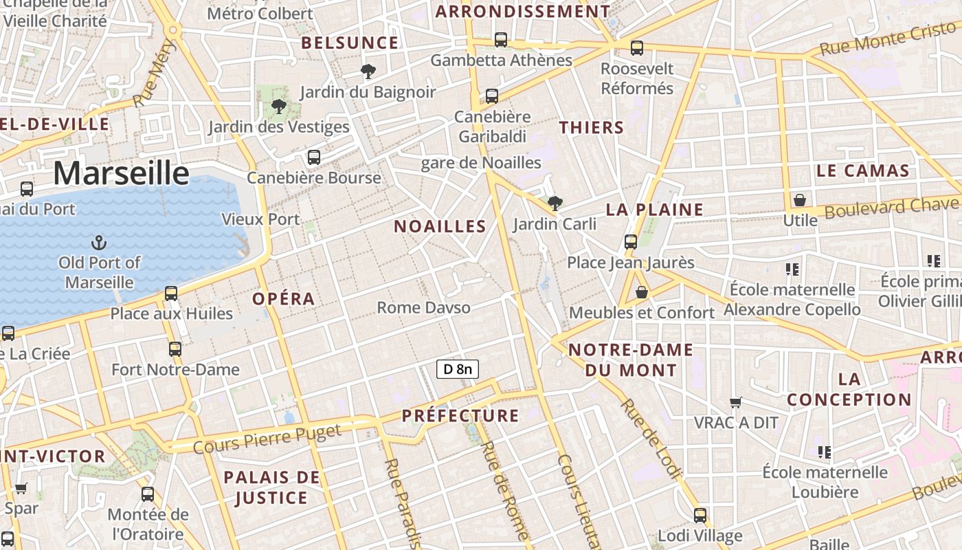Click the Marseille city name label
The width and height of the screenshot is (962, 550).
[121, 173]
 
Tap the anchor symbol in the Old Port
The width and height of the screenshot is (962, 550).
[100, 242]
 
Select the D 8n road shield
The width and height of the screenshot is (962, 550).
[458, 369]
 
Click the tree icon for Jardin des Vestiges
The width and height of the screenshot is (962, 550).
[278, 106]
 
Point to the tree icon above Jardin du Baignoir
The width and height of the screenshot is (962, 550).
[368, 71]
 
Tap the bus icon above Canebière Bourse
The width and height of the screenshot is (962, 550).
[314, 157]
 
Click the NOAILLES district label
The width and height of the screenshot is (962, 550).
[440, 226]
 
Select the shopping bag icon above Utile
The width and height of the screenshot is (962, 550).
[800, 200]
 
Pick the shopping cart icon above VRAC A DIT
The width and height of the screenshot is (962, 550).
[736, 402]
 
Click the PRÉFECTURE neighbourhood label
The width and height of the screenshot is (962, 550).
[460, 415]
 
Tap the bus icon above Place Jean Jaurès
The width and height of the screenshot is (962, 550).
[631, 242]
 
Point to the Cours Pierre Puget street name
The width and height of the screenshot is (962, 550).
[267, 439]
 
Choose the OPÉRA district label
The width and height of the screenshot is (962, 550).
[283, 298]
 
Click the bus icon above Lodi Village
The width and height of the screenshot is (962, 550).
[700, 515]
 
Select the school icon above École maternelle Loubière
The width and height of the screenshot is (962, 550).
[825, 452]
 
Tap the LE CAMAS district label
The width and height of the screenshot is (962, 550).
[863, 170]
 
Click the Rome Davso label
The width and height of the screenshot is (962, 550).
[424, 307]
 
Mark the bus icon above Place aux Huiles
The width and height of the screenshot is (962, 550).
[171, 294]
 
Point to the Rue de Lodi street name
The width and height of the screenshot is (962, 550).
[650, 438]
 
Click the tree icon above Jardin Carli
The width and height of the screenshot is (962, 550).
[555, 203]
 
